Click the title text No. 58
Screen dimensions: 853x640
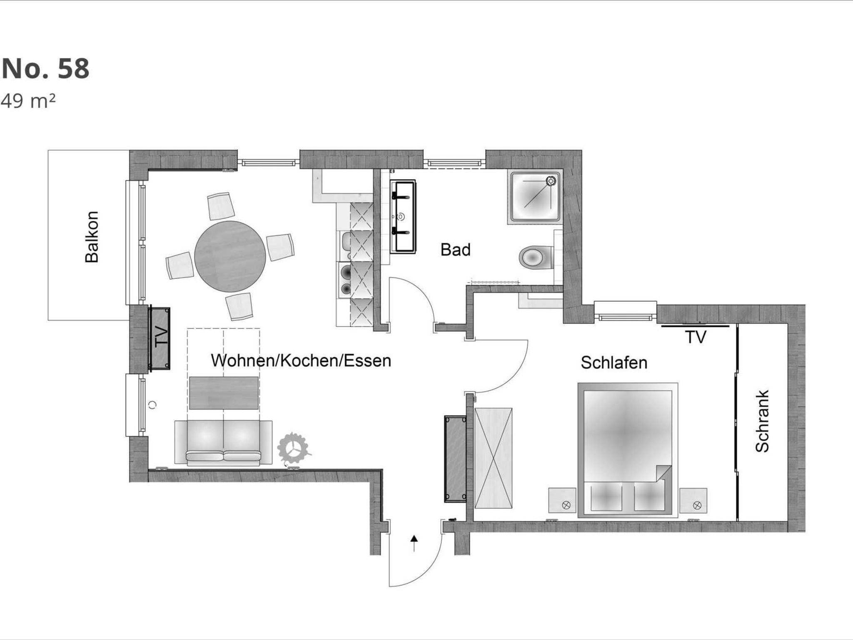click(45, 69)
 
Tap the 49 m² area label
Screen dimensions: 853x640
click(28, 101)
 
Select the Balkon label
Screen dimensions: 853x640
click(92, 237)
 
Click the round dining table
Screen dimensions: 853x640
click(230, 256)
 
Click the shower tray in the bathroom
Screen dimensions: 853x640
click(535, 197)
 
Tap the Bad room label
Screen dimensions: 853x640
click(455, 250)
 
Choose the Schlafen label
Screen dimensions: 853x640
click(614, 362)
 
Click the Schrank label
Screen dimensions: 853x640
click(762, 421)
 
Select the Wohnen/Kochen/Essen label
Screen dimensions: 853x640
click(301, 360)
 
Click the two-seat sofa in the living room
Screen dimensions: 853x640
click(223, 442)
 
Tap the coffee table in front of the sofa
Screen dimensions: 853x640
click(224, 393)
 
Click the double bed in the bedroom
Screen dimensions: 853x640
click(628, 450)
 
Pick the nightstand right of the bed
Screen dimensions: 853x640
click(693, 501)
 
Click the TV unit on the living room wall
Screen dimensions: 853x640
click(160, 338)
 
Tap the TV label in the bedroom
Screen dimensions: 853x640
click(695, 337)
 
